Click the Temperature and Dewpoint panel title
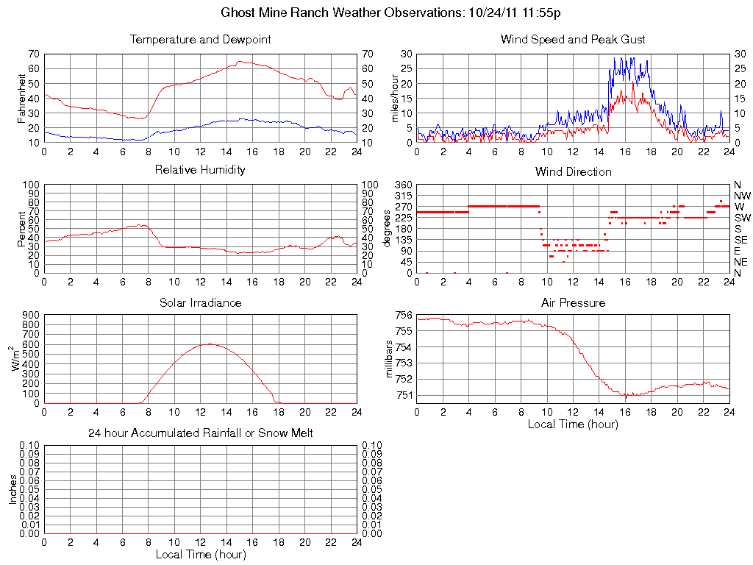(200, 39)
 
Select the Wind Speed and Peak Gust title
(573, 39)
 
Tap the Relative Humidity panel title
(200, 170)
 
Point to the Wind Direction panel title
(573, 171)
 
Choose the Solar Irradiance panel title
(200, 302)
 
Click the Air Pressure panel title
(573, 302)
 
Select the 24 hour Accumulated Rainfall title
(200, 433)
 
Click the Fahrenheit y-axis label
(21, 98)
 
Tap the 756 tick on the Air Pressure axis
(404, 315)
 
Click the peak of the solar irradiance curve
(210, 344)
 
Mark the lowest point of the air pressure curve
(626, 397)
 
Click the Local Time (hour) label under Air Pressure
(573, 424)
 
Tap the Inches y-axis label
(13, 489)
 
